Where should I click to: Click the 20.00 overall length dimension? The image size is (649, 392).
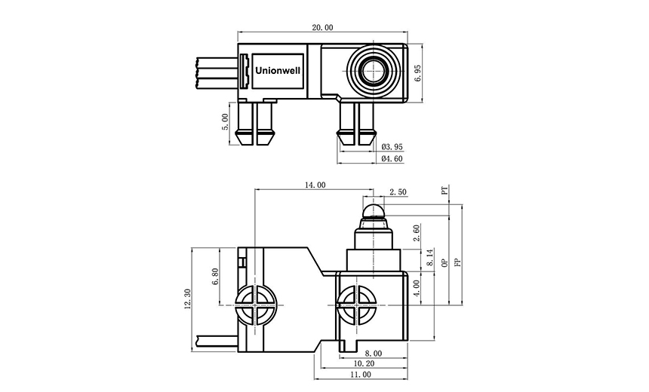(x=322, y=27)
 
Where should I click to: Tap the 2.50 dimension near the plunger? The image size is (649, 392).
(x=397, y=192)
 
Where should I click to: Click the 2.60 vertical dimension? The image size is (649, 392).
(x=418, y=233)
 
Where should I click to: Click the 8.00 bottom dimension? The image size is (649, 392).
(x=373, y=352)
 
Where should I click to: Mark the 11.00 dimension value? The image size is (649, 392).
(x=361, y=374)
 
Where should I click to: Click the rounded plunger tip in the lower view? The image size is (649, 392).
(x=373, y=210)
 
